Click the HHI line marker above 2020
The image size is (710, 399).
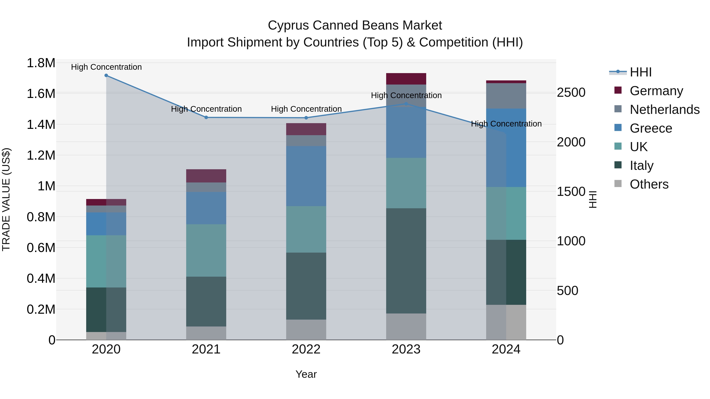pyautogui.click(x=106, y=75)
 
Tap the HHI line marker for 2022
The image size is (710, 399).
pyautogui.click(x=306, y=118)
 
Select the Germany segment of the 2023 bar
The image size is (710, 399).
pyautogui.click(x=406, y=79)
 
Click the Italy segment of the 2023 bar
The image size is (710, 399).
pyautogui.click(x=406, y=260)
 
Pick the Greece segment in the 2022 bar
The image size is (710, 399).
pyautogui.click(x=306, y=176)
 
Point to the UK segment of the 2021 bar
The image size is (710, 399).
pyautogui.click(x=206, y=250)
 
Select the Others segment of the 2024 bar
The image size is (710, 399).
pyautogui.click(x=506, y=322)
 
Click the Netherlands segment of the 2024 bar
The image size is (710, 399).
pyautogui.click(x=506, y=96)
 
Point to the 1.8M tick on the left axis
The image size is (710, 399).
pyautogui.click(x=41, y=63)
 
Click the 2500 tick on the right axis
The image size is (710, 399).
pyautogui.click(x=571, y=93)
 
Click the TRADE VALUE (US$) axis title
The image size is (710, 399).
pyautogui.click(x=6, y=199)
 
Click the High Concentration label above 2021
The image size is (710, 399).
pyautogui.click(x=206, y=109)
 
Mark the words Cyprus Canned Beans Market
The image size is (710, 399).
pyautogui.click(x=355, y=25)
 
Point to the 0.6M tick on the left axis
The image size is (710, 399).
pyautogui.click(x=41, y=247)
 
